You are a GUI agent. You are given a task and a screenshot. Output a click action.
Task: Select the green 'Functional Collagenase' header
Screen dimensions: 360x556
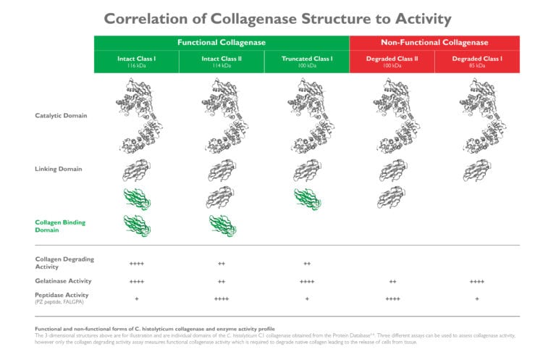(222, 43)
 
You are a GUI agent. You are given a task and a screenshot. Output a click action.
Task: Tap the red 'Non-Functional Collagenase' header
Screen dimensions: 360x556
(434, 43)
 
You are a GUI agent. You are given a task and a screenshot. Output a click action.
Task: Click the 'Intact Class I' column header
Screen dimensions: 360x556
(136, 58)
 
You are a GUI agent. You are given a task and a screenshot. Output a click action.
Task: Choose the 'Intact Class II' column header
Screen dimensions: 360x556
(222, 58)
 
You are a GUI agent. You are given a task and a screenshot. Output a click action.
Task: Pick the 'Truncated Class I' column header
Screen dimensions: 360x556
(307, 58)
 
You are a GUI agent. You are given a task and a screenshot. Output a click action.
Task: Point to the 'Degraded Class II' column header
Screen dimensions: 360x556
(392, 58)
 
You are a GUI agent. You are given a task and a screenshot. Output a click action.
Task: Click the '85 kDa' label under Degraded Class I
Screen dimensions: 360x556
(477, 66)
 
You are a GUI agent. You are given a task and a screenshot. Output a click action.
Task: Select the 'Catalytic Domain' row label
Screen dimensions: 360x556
(64, 115)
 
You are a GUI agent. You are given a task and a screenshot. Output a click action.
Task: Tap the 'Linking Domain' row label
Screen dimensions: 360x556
(59, 169)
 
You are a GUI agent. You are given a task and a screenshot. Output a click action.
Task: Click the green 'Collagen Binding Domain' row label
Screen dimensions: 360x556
(60, 226)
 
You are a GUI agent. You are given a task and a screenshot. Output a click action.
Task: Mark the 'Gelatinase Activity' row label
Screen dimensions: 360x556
(64, 280)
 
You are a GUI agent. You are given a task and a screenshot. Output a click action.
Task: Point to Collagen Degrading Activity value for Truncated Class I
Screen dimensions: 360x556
(307, 264)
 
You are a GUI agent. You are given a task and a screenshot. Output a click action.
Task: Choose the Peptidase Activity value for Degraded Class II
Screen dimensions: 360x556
(392, 298)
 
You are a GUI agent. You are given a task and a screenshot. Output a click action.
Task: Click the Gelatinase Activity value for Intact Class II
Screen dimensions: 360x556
(222, 281)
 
